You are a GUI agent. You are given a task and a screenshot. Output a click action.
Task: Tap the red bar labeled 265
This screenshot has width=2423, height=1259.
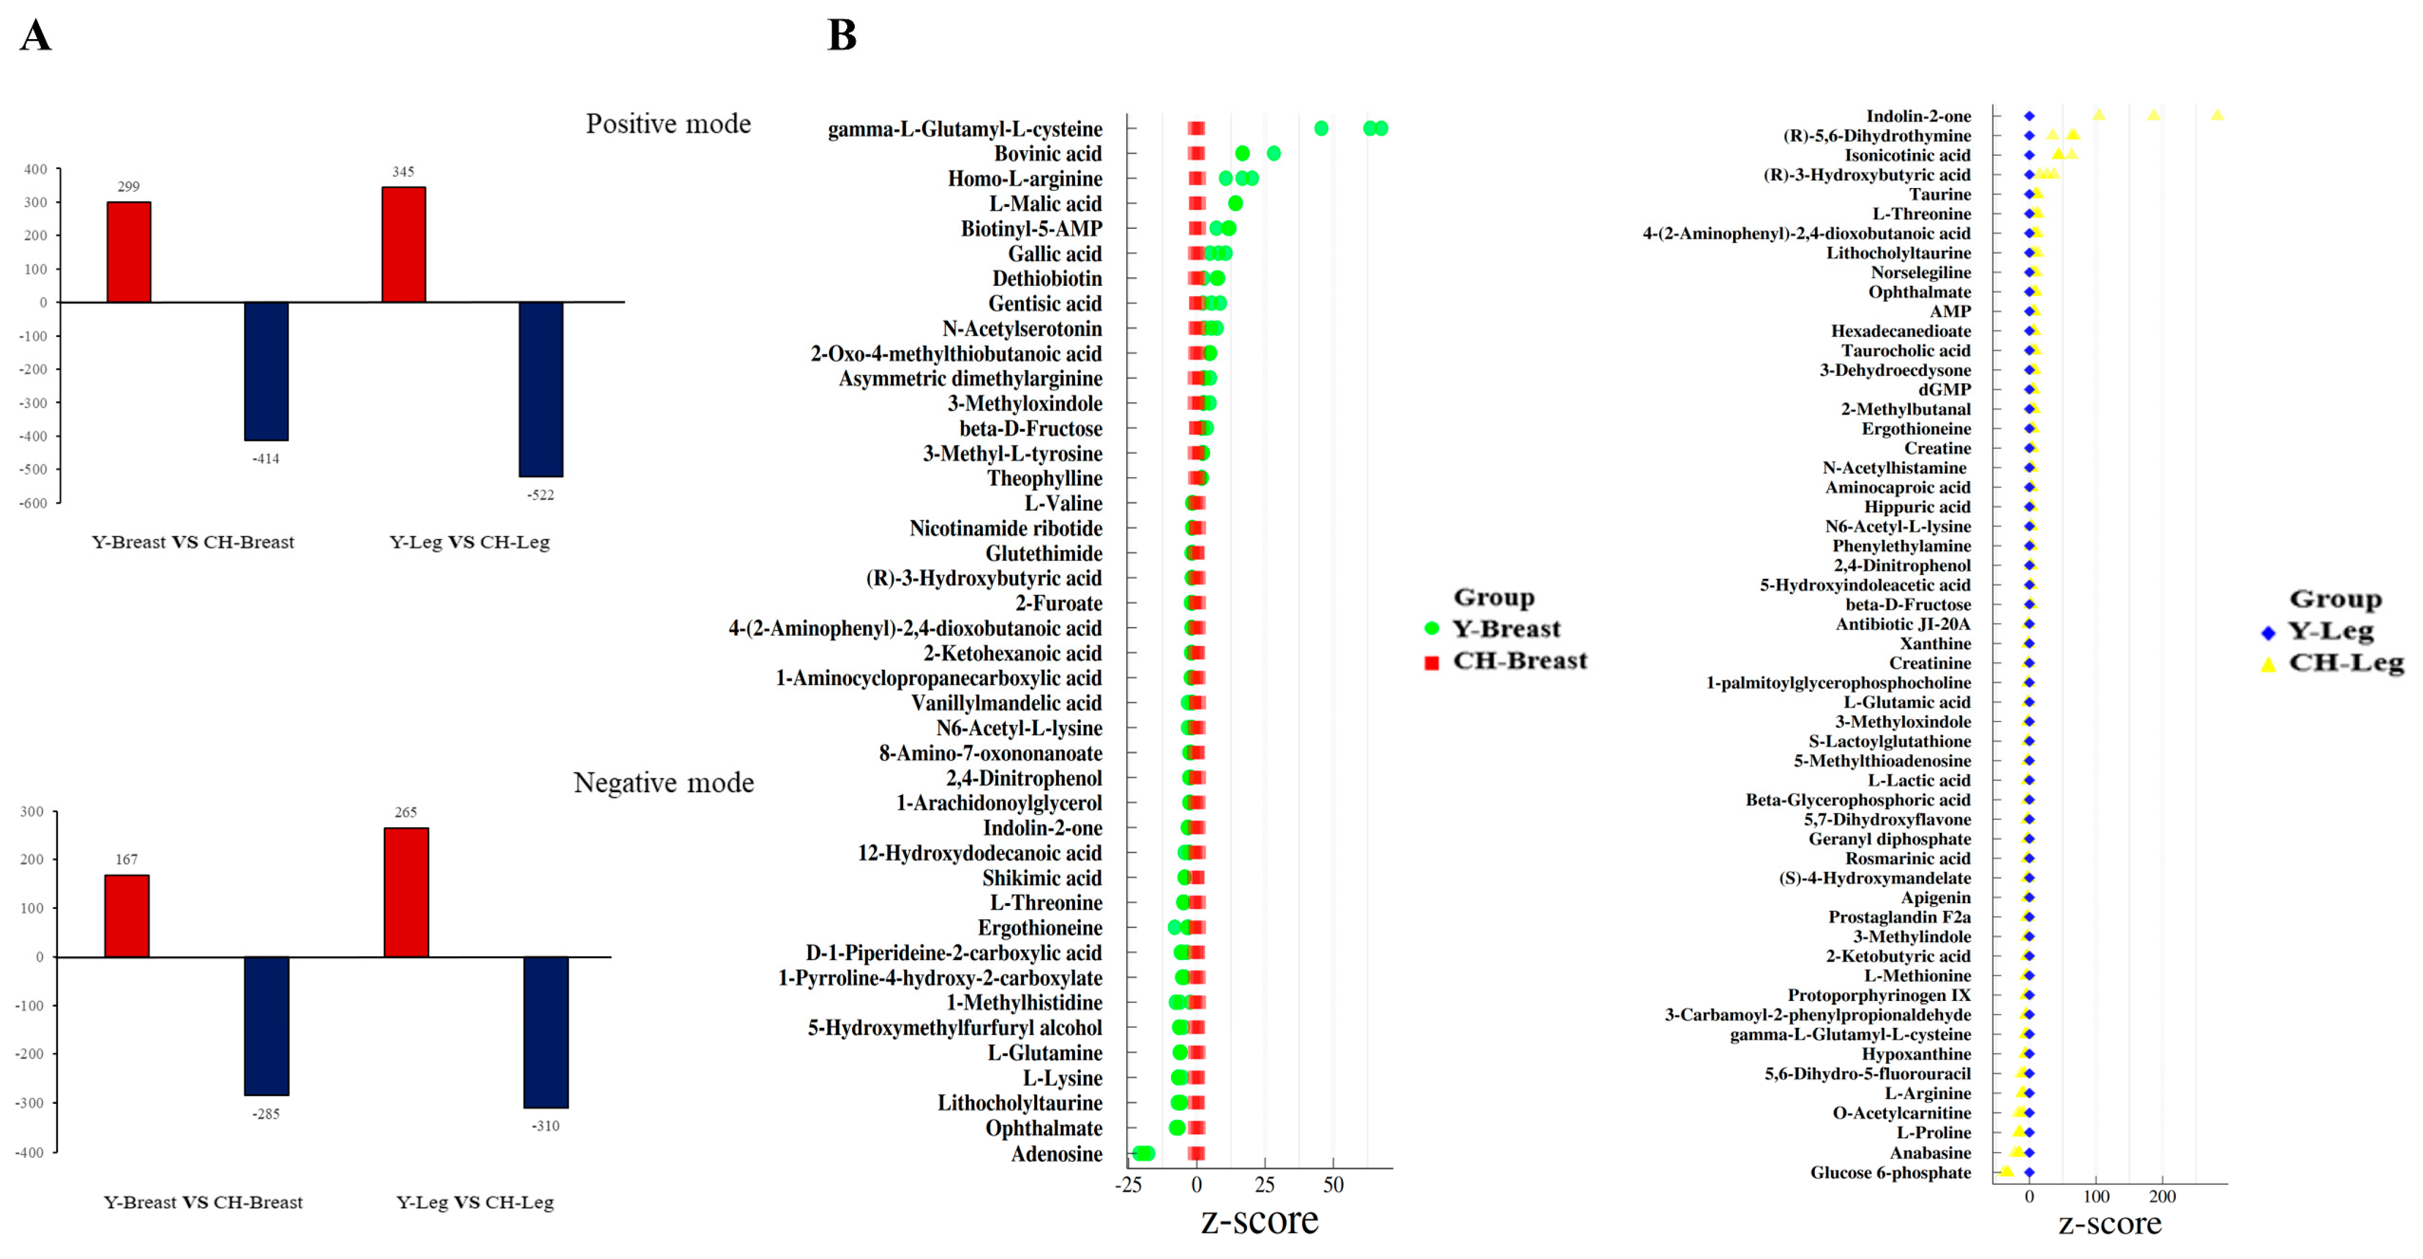406,892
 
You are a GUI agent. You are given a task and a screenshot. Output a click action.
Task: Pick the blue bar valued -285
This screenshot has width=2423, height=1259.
266,1026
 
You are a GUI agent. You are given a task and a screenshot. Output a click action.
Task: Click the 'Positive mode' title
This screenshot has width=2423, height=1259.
668,124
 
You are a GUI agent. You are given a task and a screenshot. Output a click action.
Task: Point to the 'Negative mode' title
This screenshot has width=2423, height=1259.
663,783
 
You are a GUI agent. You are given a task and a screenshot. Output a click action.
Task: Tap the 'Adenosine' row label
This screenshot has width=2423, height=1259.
1057,1154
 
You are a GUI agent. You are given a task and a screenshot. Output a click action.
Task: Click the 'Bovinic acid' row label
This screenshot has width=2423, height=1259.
1048,153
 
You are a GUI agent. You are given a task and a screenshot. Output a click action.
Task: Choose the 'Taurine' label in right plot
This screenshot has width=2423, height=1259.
1940,194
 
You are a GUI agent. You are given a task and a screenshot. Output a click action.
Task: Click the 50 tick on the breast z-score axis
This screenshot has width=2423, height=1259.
1333,1185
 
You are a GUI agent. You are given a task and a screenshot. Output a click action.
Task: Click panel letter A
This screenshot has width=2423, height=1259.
36,36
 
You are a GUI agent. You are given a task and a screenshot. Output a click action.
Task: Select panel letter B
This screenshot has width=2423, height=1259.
842,36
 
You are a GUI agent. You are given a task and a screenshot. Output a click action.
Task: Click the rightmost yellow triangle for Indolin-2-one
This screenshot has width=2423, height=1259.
2217,115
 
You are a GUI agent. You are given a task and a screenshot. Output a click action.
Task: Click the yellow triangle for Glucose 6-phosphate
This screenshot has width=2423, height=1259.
2006,1170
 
